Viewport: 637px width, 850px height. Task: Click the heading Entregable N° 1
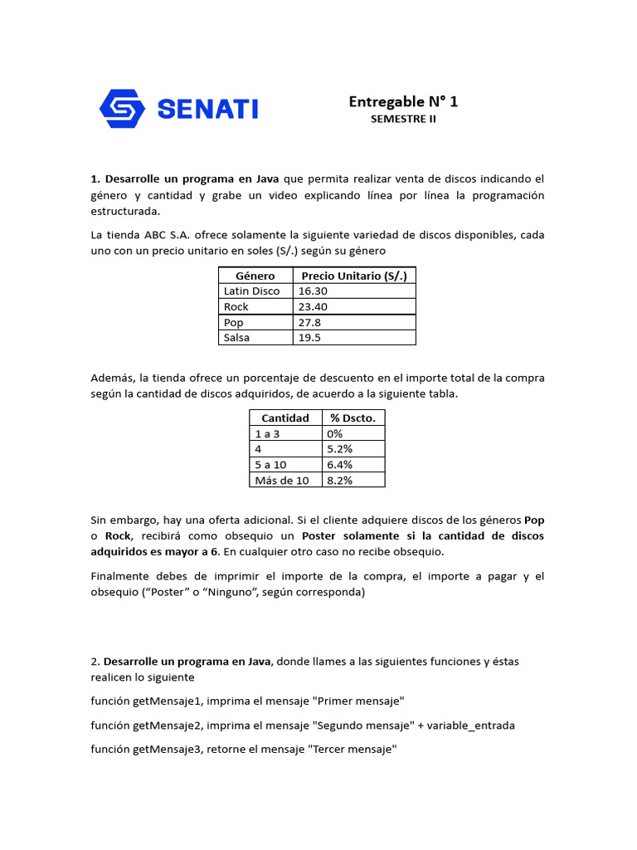pos(403,101)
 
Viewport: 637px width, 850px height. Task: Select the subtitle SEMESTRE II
pos(403,120)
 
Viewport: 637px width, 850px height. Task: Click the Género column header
pos(255,276)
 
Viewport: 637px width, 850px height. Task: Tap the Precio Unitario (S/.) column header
pos(354,276)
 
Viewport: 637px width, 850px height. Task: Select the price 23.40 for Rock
pos(313,307)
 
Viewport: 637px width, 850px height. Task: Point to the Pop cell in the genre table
pos(232,322)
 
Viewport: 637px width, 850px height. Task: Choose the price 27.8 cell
pos(309,322)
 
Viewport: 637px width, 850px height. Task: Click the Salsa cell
pos(236,338)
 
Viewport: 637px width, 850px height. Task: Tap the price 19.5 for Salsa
pos(309,338)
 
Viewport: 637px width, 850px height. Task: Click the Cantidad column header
pos(285,418)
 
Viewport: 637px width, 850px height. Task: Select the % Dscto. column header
pos(353,418)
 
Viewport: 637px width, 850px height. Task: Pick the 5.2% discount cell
pos(339,449)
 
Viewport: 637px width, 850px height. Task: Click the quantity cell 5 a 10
pos(270,465)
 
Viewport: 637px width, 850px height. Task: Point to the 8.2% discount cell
pos(339,481)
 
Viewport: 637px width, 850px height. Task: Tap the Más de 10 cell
pos(281,481)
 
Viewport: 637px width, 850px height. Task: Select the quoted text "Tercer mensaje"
pos(352,750)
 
